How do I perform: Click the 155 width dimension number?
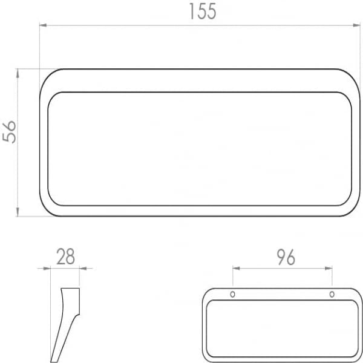coord(203,11)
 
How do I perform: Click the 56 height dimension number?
coord(9,131)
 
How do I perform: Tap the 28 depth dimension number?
coord(65,257)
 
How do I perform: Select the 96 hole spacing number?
coord(286,257)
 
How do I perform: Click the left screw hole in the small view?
coord(233,295)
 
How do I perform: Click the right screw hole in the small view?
coord(332,295)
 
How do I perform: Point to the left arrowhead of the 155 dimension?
coord(43,25)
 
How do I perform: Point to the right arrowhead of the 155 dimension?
coord(357,25)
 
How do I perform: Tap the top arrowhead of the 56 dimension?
coord(18,73)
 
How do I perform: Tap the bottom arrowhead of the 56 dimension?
coord(18,212)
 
